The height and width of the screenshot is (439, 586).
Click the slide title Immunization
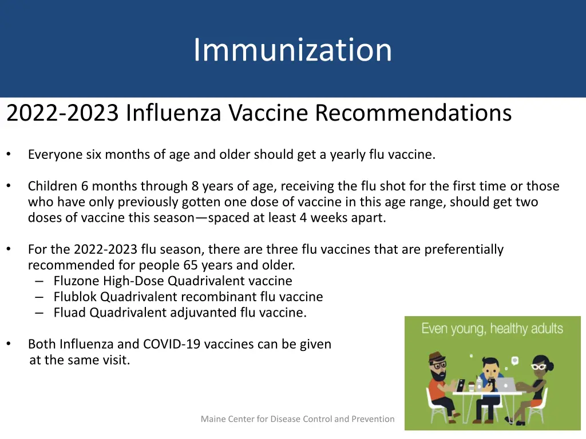292,50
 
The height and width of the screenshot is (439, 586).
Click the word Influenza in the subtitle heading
173,113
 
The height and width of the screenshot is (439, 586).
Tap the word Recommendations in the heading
413,113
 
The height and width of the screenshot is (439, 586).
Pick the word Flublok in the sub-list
75,297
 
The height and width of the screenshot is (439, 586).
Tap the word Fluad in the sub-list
70,313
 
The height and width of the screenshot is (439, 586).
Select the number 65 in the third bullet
191,265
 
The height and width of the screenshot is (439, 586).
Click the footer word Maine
213,419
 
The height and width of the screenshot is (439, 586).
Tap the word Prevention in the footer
372,419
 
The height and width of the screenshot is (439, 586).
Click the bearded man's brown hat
436,357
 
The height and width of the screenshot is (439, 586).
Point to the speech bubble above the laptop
514,360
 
